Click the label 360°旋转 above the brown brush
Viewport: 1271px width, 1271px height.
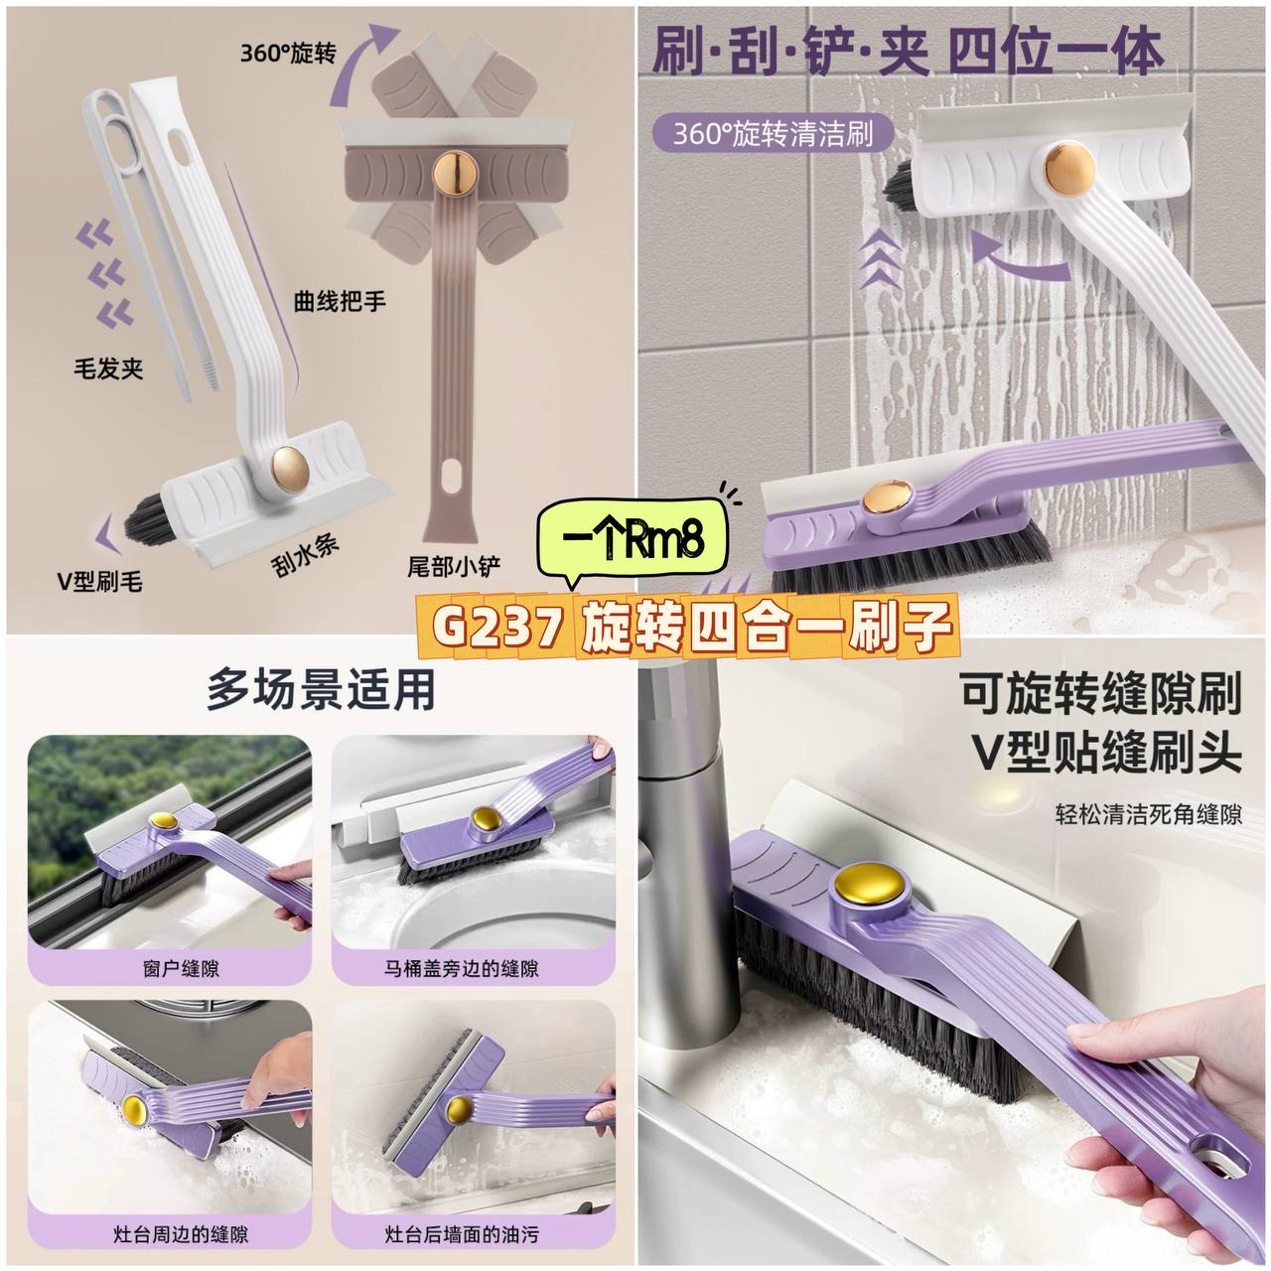(288, 53)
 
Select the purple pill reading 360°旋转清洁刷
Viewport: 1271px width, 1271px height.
(773, 134)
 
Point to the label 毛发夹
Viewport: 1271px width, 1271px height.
(108, 368)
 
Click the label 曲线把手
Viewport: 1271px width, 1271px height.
(340, 302)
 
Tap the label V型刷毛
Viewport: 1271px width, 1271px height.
(99, 581)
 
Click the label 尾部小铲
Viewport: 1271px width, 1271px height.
(454, 566)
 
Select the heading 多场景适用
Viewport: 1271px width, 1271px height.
(321, 690)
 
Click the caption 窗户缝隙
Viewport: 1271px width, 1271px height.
(181, 969)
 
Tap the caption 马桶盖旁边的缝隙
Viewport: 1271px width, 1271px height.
(462, 969)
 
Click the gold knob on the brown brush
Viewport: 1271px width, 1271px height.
(455, 173)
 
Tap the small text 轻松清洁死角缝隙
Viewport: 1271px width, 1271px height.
(1148, 815)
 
